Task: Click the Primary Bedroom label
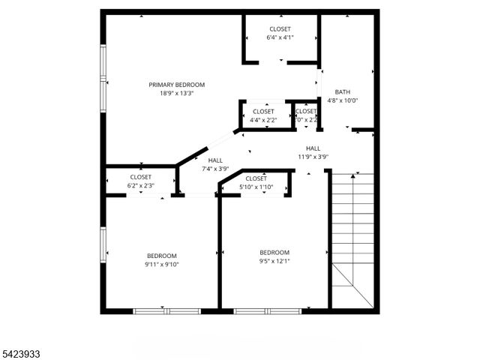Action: coord(176,85)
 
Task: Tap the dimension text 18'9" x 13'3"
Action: coord(176,94)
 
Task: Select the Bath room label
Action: coord(343,92)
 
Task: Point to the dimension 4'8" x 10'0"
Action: coord(343,100)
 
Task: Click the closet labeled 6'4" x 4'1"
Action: coord(280,28)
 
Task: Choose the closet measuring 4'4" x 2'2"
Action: coord(263,112)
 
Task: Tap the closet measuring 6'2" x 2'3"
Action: coord(140,177)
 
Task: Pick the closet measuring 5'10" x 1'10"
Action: coord(256,178)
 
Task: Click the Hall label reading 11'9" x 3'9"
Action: coord(313,148)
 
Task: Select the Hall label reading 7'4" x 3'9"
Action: coord(215,160)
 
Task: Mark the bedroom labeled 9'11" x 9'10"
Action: coord(161,256)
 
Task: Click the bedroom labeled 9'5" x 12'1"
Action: coord(274,253)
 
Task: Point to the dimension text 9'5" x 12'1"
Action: coord(274,262)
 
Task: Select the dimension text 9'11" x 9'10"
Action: coord(161,264)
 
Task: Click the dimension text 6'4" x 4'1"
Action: coord(280,37)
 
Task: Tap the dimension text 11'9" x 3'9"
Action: coord(313,157)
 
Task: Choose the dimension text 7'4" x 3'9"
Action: coord(215,169)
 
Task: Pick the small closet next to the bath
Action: coord(306,115)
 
